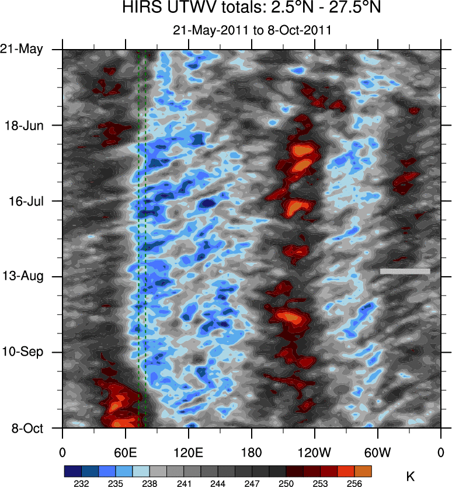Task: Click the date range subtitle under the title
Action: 252,30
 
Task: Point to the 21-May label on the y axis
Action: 22,50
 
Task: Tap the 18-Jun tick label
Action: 23,125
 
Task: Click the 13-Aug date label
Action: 23,276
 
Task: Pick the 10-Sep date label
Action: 23,352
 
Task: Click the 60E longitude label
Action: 125,453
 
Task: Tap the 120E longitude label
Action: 188,453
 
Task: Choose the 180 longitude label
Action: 251,453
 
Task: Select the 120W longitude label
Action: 314,453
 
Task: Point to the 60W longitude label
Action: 377,453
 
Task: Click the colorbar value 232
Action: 81,483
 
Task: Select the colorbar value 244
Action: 218,483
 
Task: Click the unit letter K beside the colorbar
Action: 411,477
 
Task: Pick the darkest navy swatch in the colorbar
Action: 72,471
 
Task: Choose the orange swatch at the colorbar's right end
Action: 363,471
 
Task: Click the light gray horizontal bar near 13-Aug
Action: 405,271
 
